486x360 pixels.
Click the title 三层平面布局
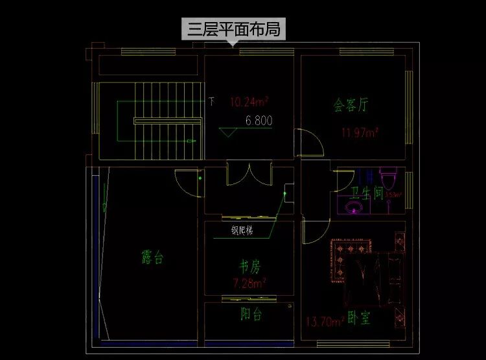(x=235, y=30)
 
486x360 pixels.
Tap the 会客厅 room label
(x=351, y=105)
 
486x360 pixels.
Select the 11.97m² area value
(x=360, y=133)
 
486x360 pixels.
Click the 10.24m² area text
(x=249, y=102)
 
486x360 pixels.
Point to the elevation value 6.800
(x=259, y=120)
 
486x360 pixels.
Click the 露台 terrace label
(x=152, y=258)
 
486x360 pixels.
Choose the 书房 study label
(x=249, y=267)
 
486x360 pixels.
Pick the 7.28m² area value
(x=249, y=283)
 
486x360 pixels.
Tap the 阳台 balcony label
(x=251, y=315)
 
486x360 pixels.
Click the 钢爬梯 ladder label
(x=242, y=230)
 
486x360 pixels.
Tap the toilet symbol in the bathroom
(x=388, y=176)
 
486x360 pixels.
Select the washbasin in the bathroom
(x=353, y=207)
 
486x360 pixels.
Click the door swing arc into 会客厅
(x=308, y=143)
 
